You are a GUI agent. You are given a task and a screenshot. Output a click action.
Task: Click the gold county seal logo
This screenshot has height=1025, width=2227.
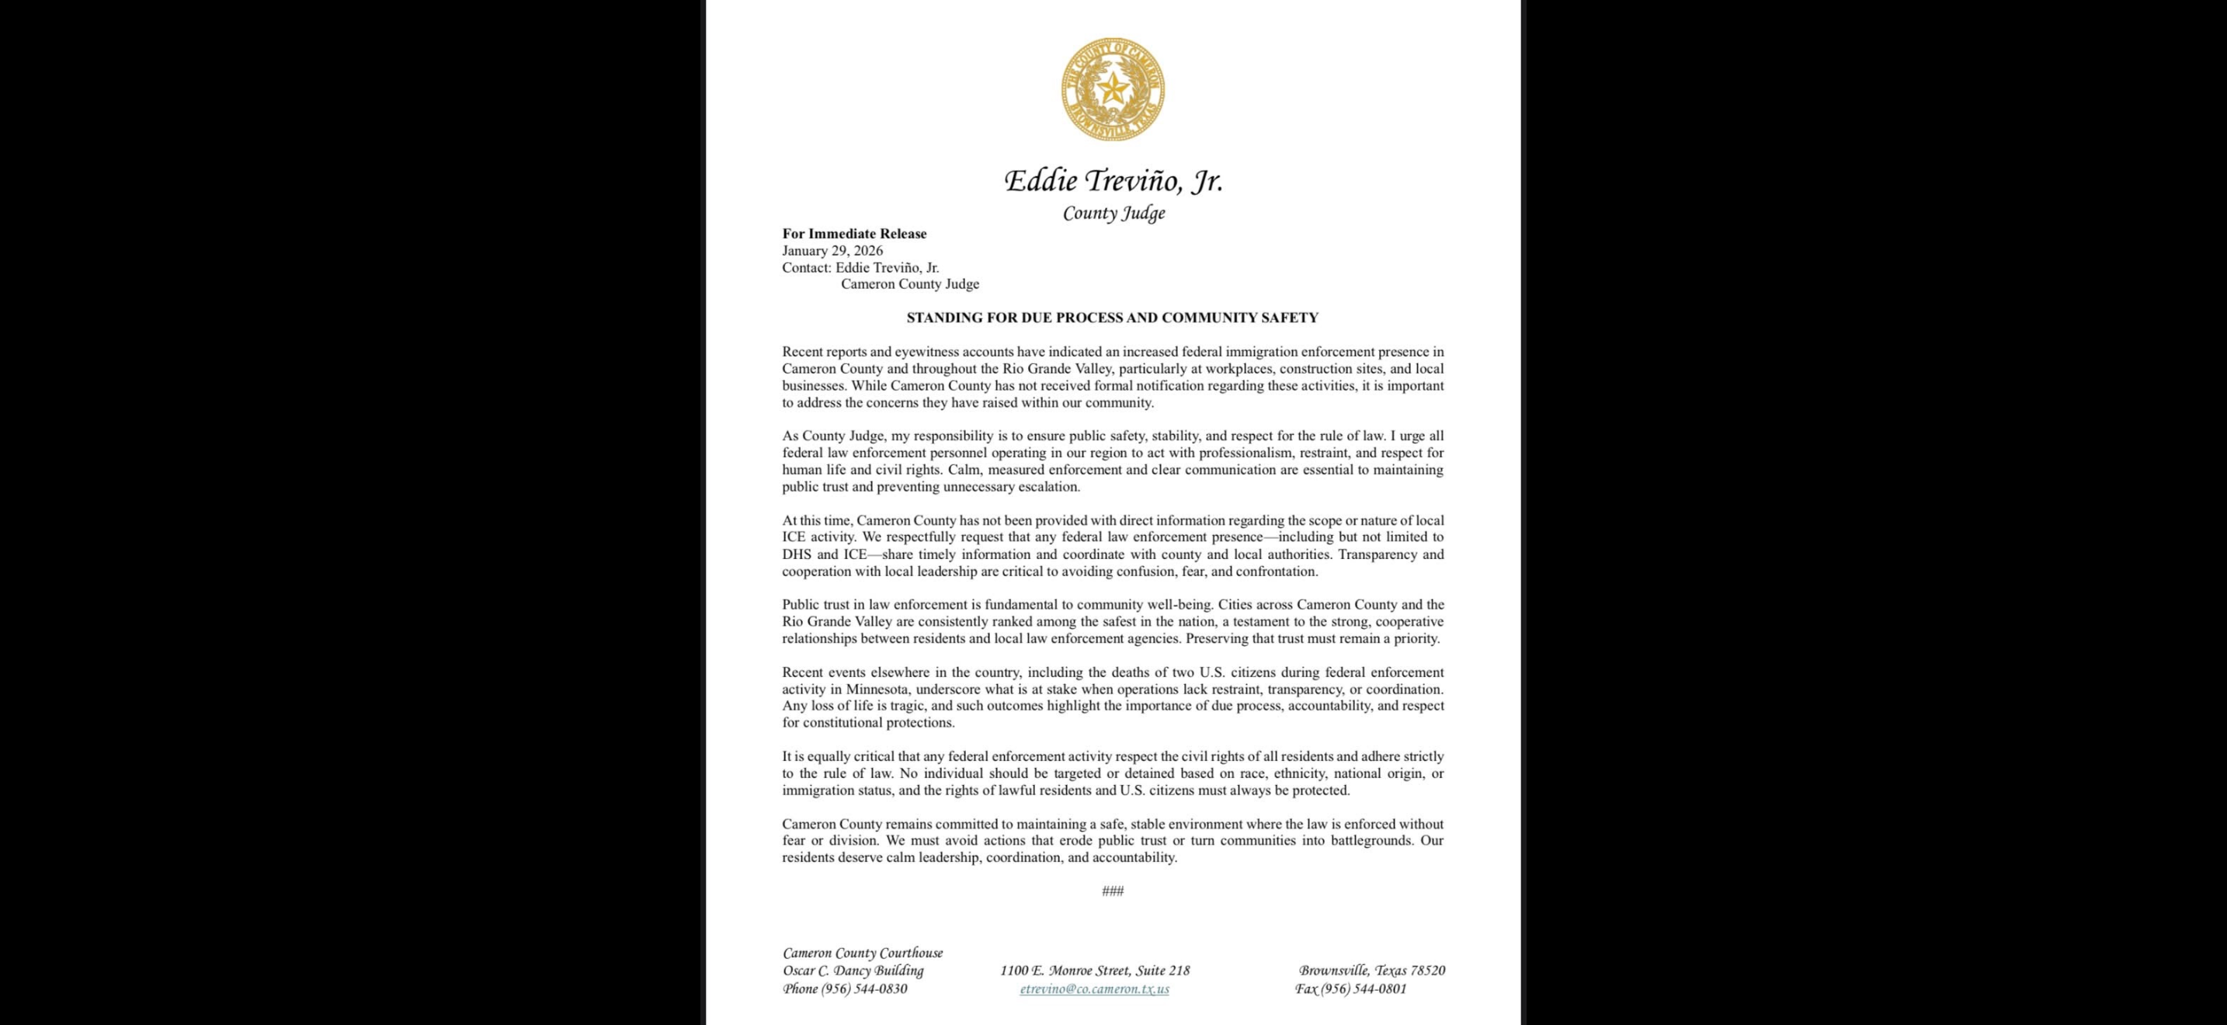point(1113,89)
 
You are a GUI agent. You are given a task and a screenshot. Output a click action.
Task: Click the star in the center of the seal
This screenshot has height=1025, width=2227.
point(1113,87)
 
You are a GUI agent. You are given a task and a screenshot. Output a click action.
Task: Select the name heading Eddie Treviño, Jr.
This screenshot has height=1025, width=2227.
point(1113,181)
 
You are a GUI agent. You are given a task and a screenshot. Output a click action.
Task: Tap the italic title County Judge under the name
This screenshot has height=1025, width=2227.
point(1113,214)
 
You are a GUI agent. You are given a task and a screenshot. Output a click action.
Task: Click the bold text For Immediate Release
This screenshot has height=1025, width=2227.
point(854,234)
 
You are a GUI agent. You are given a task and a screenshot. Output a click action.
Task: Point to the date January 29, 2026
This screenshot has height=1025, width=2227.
point(832,251)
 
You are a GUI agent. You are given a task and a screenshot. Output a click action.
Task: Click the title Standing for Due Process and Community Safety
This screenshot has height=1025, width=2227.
point(1112,317)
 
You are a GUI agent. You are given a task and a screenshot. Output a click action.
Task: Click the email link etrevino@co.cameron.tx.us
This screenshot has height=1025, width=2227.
point(1095,989)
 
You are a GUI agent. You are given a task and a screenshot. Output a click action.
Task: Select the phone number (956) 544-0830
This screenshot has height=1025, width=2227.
point(863,989)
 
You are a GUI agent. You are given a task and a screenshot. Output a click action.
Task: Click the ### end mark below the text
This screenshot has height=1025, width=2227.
point(1113,891)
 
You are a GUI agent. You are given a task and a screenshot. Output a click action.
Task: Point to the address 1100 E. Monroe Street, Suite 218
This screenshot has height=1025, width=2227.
point(1095,971)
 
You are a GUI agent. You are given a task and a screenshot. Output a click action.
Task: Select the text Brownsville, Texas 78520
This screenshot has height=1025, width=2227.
point(1372,971)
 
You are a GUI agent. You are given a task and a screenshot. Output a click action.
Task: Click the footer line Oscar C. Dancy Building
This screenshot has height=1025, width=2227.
point(853,971)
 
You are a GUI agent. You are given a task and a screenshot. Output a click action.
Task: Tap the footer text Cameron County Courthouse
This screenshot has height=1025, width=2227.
point(863,954)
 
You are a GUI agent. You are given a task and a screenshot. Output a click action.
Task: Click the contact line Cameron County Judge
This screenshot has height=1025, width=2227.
point(909,284)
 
